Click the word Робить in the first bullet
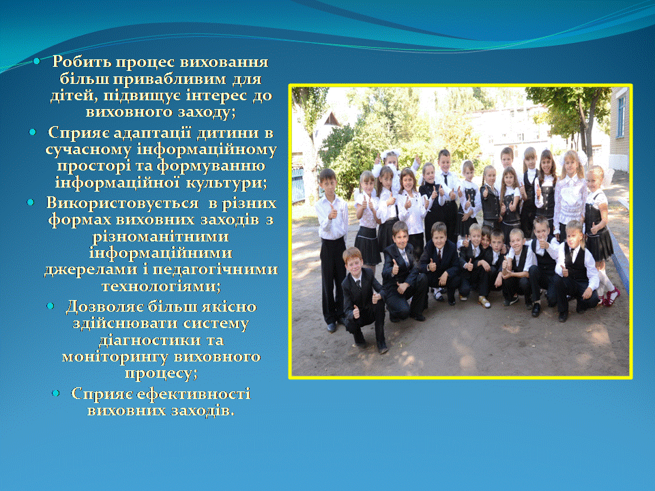[81, 62]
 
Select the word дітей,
[74, 95]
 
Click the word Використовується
[122, 203]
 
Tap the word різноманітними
[160, 237]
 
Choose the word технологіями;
[161, 286]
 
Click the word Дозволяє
[105, 307]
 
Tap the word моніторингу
[115, 357]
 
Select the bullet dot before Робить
[37, 61]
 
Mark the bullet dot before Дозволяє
[50, 306]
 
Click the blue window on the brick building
[622, 117]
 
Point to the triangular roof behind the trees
[332, 120]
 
